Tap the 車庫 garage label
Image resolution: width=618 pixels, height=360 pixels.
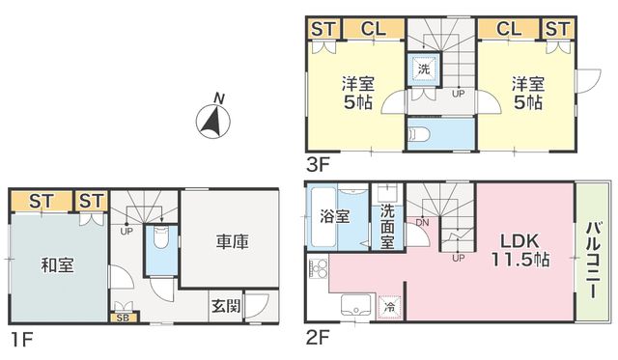click(x=233, y=241)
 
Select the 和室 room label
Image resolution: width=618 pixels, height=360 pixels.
click(x=58, y=265)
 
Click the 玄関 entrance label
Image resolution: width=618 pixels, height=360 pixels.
click(x=226, y=306)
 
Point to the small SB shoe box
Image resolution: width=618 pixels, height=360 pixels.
click(x=124, y=318)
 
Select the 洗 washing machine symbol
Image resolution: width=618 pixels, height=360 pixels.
click(x=424, y=69)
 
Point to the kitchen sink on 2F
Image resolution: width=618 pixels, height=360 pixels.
click(x=356, y=305)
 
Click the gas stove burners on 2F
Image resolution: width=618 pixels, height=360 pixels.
click(x=318, y=268)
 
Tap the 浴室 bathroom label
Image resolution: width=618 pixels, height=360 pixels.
click(x=335, y=216)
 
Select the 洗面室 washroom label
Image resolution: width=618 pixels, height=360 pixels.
click(x=387, y=227)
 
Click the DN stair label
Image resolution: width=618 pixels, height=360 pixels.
click(x=422, y=223)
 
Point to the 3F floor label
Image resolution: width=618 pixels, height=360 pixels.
click(x=318, y=165)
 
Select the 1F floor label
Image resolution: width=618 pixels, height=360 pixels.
click(x=21, y=340)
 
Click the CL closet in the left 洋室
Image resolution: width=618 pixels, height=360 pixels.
click(x=374, y=29)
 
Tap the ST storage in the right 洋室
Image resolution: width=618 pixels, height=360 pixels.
click(x=558, y=29)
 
